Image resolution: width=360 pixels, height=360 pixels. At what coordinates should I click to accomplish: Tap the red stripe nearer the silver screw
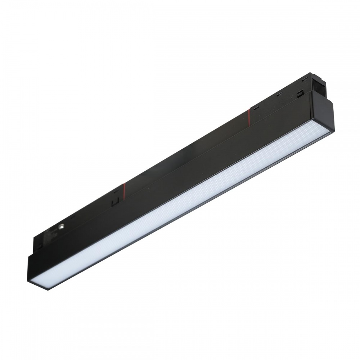123,188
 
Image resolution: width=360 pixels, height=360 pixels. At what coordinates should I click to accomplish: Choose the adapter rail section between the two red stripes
187,151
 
